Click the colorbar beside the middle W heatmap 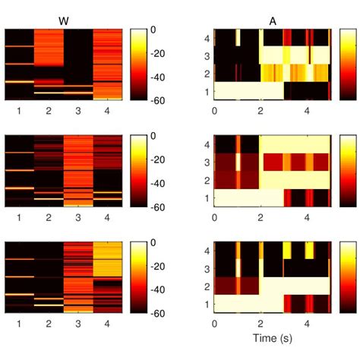tap(137, 170)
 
